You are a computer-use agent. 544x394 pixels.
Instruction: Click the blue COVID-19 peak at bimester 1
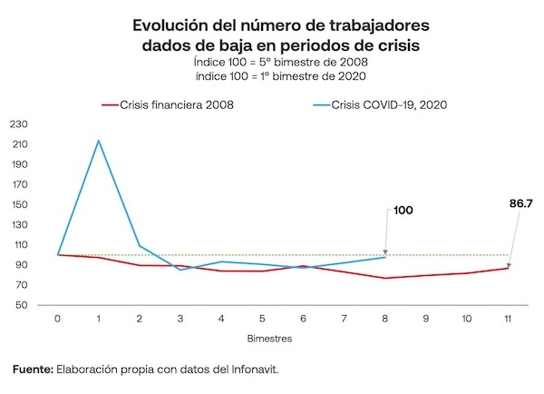pyautogui.click(x=99, y=141)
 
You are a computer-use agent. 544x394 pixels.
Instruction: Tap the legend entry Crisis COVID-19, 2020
pyautogui.click(x=391, y=104)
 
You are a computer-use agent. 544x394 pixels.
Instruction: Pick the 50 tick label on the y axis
pyautogui.click(x=19, y=305)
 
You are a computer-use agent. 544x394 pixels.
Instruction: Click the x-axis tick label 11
pyautogui.click(x=508, y=319)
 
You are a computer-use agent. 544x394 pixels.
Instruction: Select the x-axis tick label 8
pyautogui.click(x=385, y=319)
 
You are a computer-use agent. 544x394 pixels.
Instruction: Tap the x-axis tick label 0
pyautogui.click(x=58, y=319)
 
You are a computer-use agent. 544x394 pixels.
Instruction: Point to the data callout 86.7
pyautogui.click(x=520, y=203)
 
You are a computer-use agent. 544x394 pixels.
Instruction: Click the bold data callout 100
pyautogui.click(x=403, y=210)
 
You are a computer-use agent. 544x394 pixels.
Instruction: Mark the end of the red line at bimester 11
pyautogui.click(x=508, y=268)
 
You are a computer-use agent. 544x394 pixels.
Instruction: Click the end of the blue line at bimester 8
pyautogui.click(x=385, y=257)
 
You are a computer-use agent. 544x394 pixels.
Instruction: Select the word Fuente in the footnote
pyautogui.click(x=33, y=369)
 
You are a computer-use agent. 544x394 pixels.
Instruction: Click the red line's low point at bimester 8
pyautogui.click(x=385, y=278)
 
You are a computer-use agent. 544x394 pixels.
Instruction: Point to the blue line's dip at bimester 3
pyautogui.click(x=180, y=270)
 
